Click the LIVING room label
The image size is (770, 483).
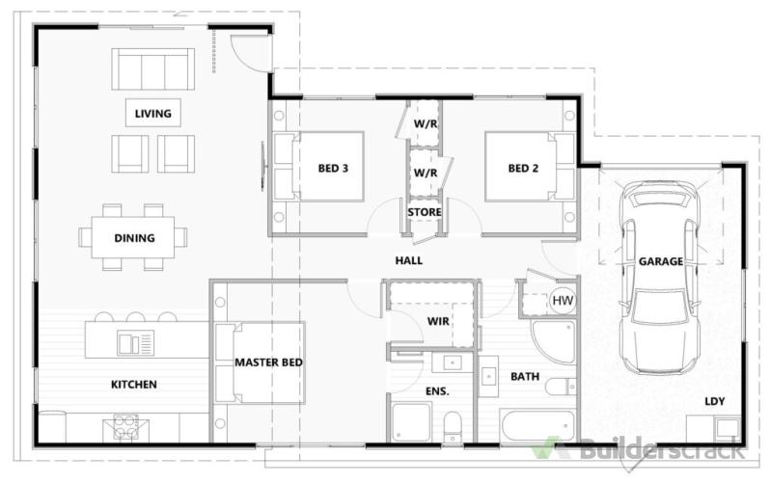point(153,114)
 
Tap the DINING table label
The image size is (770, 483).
point(134,238)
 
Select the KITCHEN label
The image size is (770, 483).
point(134,385)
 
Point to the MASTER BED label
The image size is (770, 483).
point(268,362)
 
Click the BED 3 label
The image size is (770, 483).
point(333,169)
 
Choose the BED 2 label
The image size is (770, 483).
point(523,169)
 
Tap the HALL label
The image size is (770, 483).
point(408,260)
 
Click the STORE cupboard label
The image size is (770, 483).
point(425,212)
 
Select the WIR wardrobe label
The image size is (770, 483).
point(438,321)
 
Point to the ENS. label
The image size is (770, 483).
point(437,391)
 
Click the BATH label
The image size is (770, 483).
point(525,377)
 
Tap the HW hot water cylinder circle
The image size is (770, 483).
point(563,300)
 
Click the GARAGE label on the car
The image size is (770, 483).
point(661,261)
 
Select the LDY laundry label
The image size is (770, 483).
point(714,401)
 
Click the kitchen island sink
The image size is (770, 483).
point(135,342)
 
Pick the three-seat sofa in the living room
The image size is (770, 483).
point(152,69)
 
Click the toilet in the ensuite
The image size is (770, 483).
point(453,426)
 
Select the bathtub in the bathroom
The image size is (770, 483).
point(537,426)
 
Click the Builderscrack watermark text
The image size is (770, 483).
point(662,449)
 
